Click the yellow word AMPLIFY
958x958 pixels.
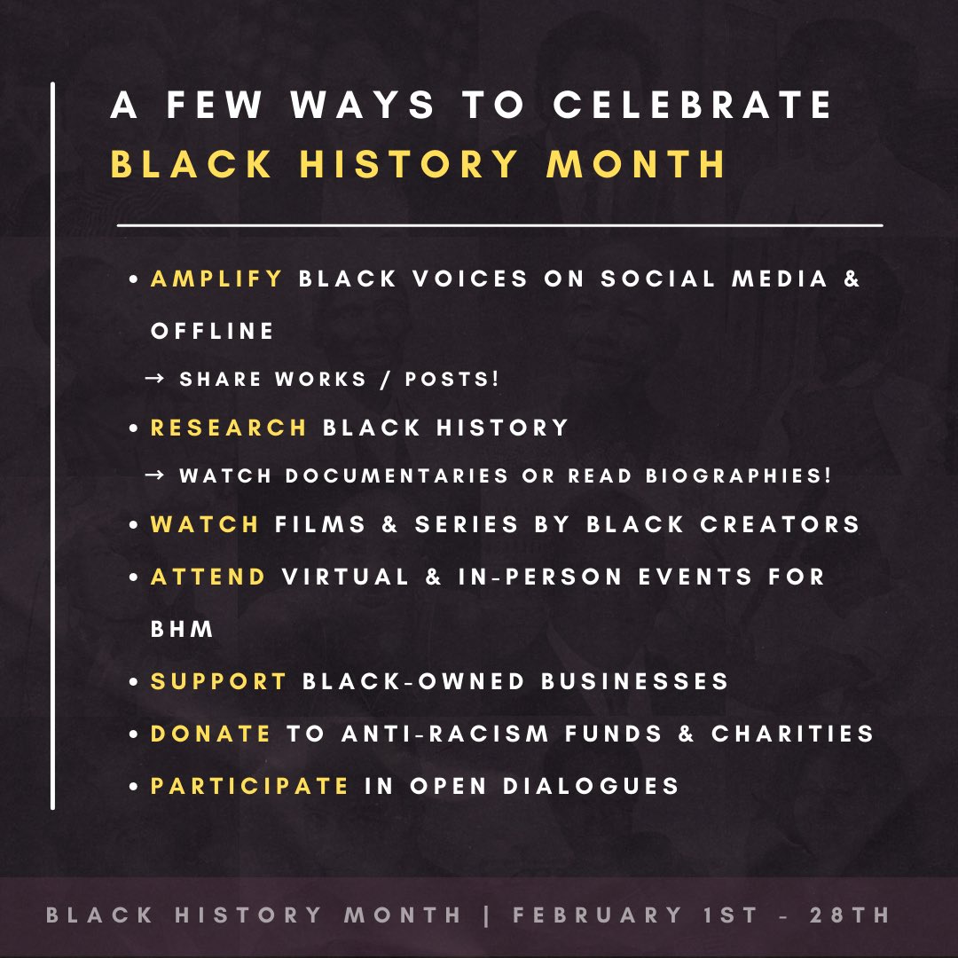click(216, 279)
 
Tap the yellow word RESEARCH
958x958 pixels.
click(229, 428)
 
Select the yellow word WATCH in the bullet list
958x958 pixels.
click(205, 524)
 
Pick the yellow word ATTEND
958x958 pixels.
click(208, 577)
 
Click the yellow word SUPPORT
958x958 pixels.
click(219, 681)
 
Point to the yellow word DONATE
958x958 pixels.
click(211, 734)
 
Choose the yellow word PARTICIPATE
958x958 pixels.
click(250, 786)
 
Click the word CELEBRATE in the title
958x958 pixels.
click(693, 106)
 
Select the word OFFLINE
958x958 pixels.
click(213, 331)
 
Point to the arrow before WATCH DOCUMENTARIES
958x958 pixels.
click(154, 476)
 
